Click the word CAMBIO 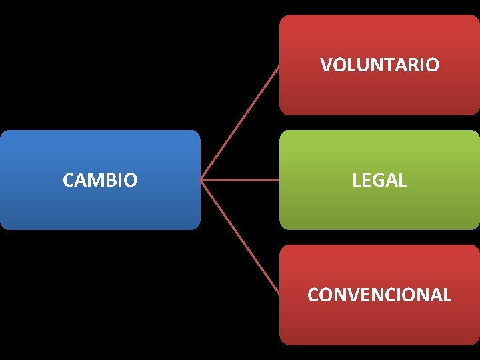(x=100, y=180)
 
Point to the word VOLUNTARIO (x=379, y=65)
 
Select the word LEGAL (x=379, y=180)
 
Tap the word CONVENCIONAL (x=379, y=295)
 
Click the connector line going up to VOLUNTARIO (x=240, y=123)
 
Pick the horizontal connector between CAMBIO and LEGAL (x=240, y=180)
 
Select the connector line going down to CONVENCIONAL (x=240, y=237)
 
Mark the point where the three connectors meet (x=201, y=180)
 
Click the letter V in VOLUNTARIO (x=326, y=65)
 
